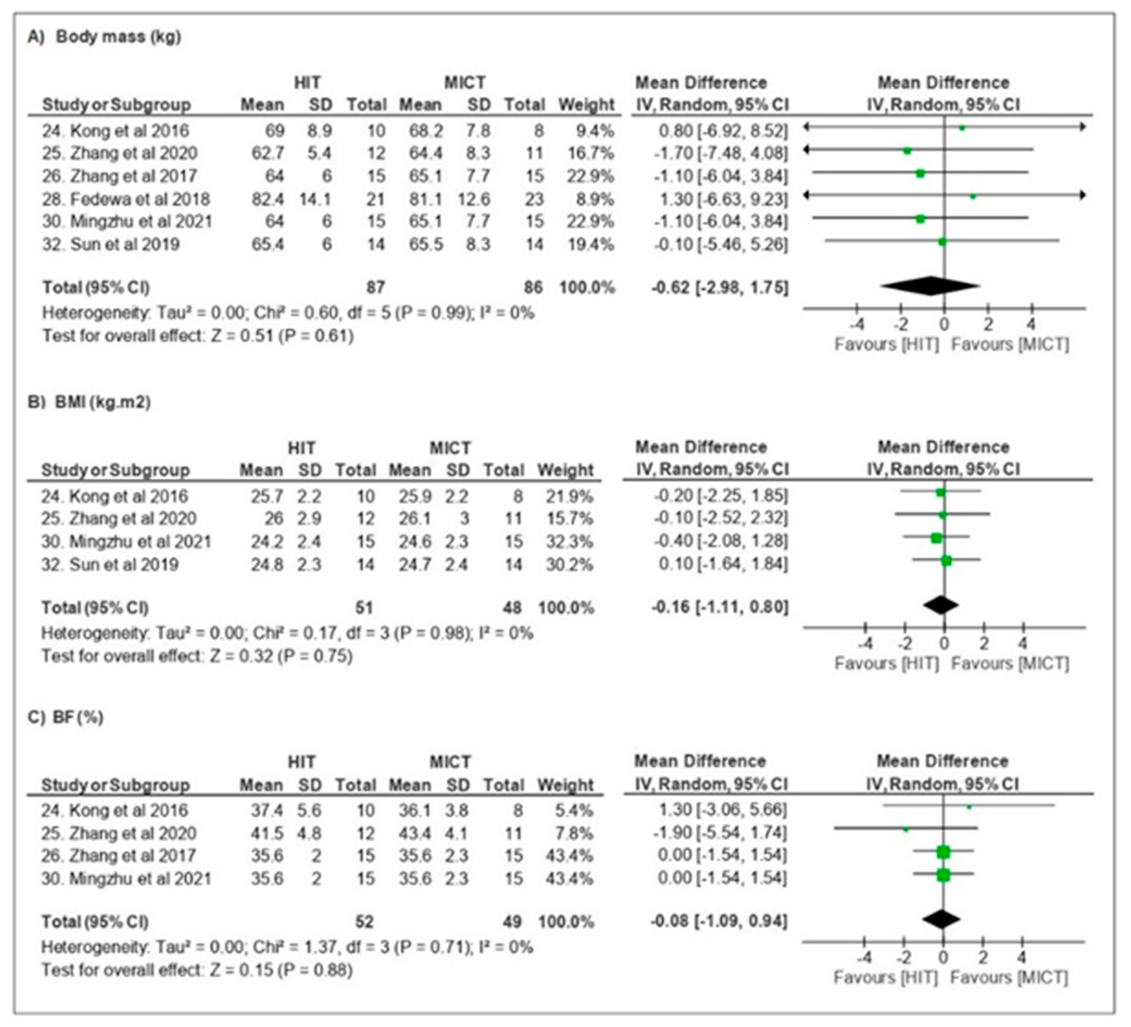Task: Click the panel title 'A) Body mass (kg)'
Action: click(x=105, y=37)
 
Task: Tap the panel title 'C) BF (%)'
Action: click(x=66, y=717)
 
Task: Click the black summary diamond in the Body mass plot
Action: click(x=931, y=286)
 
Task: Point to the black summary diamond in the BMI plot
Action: click(x=941, y=605)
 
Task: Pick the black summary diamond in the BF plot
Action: click(x=941, y=919)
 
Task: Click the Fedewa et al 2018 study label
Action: click(x=126, y=199)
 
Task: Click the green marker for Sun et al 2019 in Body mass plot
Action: click(x=942, y=242)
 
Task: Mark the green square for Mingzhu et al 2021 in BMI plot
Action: click(x=936, y=538)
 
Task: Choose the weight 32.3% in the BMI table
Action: click(x=569, y=542)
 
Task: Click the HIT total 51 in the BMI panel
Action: click(x=364, y=608)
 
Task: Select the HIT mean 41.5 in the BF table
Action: click(x=266, y=833)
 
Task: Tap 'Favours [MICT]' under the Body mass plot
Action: click(x=1010, y=344)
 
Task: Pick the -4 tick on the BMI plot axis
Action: click(x=866, y=643)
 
